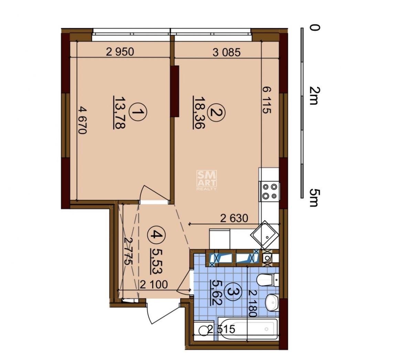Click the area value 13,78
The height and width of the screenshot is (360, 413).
120,113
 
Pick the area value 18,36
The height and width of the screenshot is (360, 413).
199,113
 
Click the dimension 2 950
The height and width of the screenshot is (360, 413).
120,52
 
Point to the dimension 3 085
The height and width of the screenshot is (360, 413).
227,52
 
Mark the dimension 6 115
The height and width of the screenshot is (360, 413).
267,100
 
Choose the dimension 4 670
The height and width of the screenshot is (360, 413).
83,120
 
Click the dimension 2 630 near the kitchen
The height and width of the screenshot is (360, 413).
234,218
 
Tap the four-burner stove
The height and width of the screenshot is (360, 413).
270,191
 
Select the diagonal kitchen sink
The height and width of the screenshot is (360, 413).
265,235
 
